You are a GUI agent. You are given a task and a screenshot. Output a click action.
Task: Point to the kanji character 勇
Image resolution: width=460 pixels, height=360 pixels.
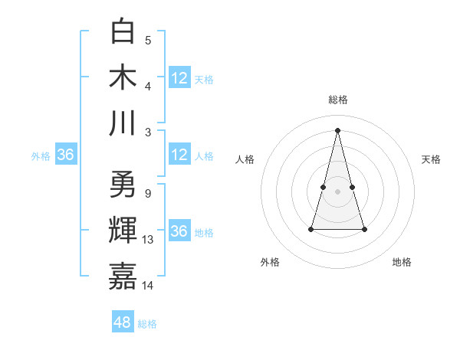coord(123,185)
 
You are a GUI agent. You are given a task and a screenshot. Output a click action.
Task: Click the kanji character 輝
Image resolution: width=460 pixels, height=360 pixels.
coord(123,231)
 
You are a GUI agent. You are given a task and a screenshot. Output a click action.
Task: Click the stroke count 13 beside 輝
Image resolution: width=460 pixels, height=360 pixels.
coord(149,240)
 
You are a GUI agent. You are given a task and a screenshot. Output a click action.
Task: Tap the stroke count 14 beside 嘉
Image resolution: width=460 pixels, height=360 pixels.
coord(149,286)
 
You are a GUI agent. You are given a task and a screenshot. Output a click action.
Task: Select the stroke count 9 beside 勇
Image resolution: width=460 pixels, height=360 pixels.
coord(148,193)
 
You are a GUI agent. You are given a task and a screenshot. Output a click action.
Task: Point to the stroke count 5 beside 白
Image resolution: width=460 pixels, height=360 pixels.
coord(148,40)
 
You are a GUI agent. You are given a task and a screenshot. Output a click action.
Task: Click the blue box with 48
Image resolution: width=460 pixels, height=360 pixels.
coord(123,322)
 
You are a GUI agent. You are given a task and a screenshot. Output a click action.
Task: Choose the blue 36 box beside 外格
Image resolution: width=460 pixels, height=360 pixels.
coord(66,155)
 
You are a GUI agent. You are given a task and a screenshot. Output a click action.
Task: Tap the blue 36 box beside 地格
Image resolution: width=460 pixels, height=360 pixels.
coord(179,231)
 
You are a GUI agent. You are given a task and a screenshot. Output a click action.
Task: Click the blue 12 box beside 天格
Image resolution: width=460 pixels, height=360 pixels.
coord(179,77)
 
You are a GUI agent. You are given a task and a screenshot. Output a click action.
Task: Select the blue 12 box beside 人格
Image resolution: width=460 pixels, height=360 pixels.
coord(179,155)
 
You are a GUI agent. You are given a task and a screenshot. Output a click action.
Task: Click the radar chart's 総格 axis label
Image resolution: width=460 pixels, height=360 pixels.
coord(338,100)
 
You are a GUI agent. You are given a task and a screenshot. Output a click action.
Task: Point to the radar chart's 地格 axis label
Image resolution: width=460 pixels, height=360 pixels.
coord(402,263)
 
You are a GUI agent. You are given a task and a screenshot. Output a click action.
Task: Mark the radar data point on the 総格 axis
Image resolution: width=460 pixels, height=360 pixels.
coord(338,129)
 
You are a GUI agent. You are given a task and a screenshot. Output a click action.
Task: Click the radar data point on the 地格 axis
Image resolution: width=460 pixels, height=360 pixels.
coord(364,229)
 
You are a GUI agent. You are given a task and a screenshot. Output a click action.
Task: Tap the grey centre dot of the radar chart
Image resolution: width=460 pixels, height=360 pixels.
coord(338,191)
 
